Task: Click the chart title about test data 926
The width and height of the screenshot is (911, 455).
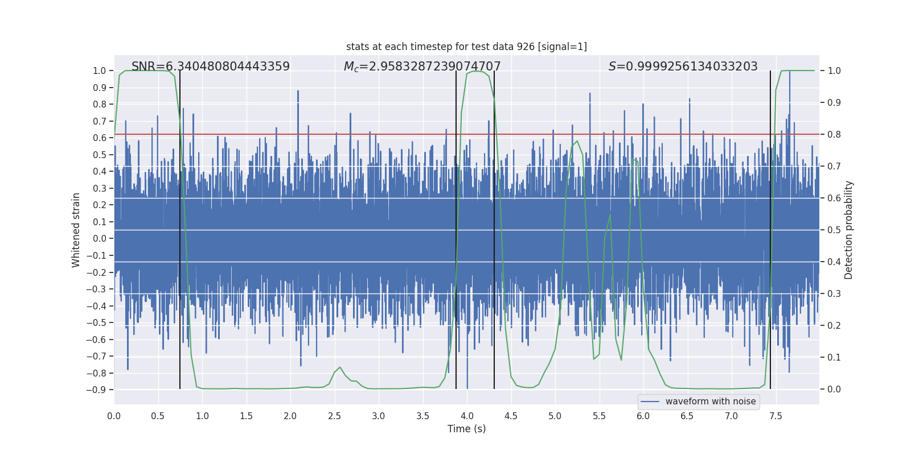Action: click(466, 47)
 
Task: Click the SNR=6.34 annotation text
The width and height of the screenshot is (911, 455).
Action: click(211, 67)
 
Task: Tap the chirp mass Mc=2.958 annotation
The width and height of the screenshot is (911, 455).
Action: click(422, 67)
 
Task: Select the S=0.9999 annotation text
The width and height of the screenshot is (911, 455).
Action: click(683, 67)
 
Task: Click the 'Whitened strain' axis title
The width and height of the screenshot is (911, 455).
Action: click(76, 230)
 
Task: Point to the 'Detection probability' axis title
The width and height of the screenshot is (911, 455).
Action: click(849, 230)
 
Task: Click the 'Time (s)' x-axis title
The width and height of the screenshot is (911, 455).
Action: click(466, 429)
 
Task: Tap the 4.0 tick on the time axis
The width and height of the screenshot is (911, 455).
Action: click(467, 416)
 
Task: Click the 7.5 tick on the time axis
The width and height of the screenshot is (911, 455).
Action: click(775, 416)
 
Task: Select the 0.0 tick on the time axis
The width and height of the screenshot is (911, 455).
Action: click(114, 416)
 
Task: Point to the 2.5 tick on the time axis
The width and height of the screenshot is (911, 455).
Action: click(334, 416)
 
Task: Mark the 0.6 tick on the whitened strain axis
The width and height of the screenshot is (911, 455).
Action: click(99, 138)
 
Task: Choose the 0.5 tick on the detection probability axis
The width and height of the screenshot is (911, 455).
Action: click(834, 230)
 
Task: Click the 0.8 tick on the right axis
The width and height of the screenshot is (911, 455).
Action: click(834, 134)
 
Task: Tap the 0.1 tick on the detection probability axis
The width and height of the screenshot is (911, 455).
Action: click(834, 357)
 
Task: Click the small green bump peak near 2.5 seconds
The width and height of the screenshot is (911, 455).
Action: click(340, 367)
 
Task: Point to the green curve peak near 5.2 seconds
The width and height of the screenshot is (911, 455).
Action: click(577, 141)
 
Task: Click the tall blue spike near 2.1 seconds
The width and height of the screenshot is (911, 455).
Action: click(298, 92)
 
